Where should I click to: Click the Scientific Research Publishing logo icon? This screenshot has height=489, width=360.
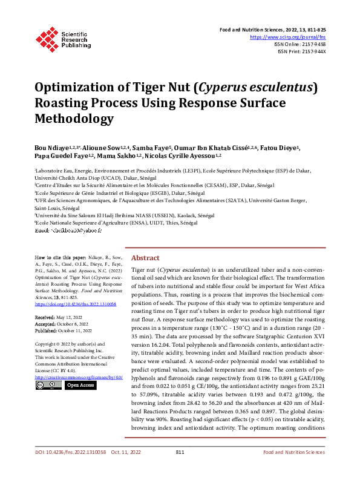tap(48, 37)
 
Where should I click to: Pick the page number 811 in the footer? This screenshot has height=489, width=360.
tap(180, 469)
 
